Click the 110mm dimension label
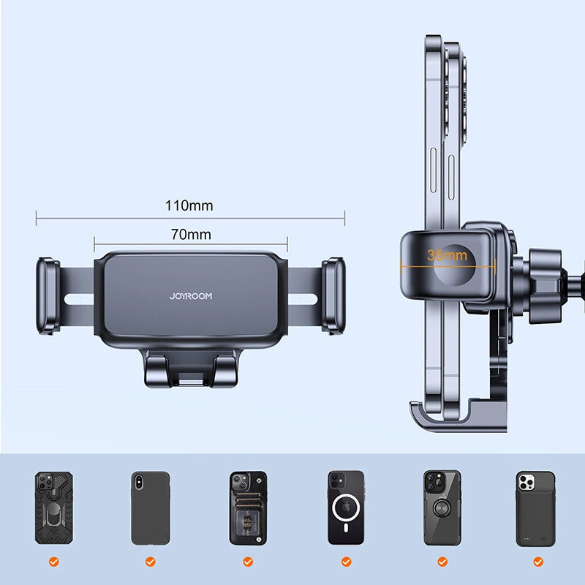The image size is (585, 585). click(189, 205)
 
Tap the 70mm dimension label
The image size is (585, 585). click(190, 235)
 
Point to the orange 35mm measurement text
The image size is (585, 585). click(447, 255)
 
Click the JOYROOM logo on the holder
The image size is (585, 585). click(190, 297)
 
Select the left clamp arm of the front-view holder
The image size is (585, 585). click(48, 295)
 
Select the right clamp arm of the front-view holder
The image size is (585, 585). click(333, 295)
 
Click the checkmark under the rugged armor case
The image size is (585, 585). click(53, 562)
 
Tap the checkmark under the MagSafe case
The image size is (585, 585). click(345, 562)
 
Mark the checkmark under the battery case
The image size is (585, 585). click(539, 562)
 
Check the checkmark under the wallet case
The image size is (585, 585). click(248, 562)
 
